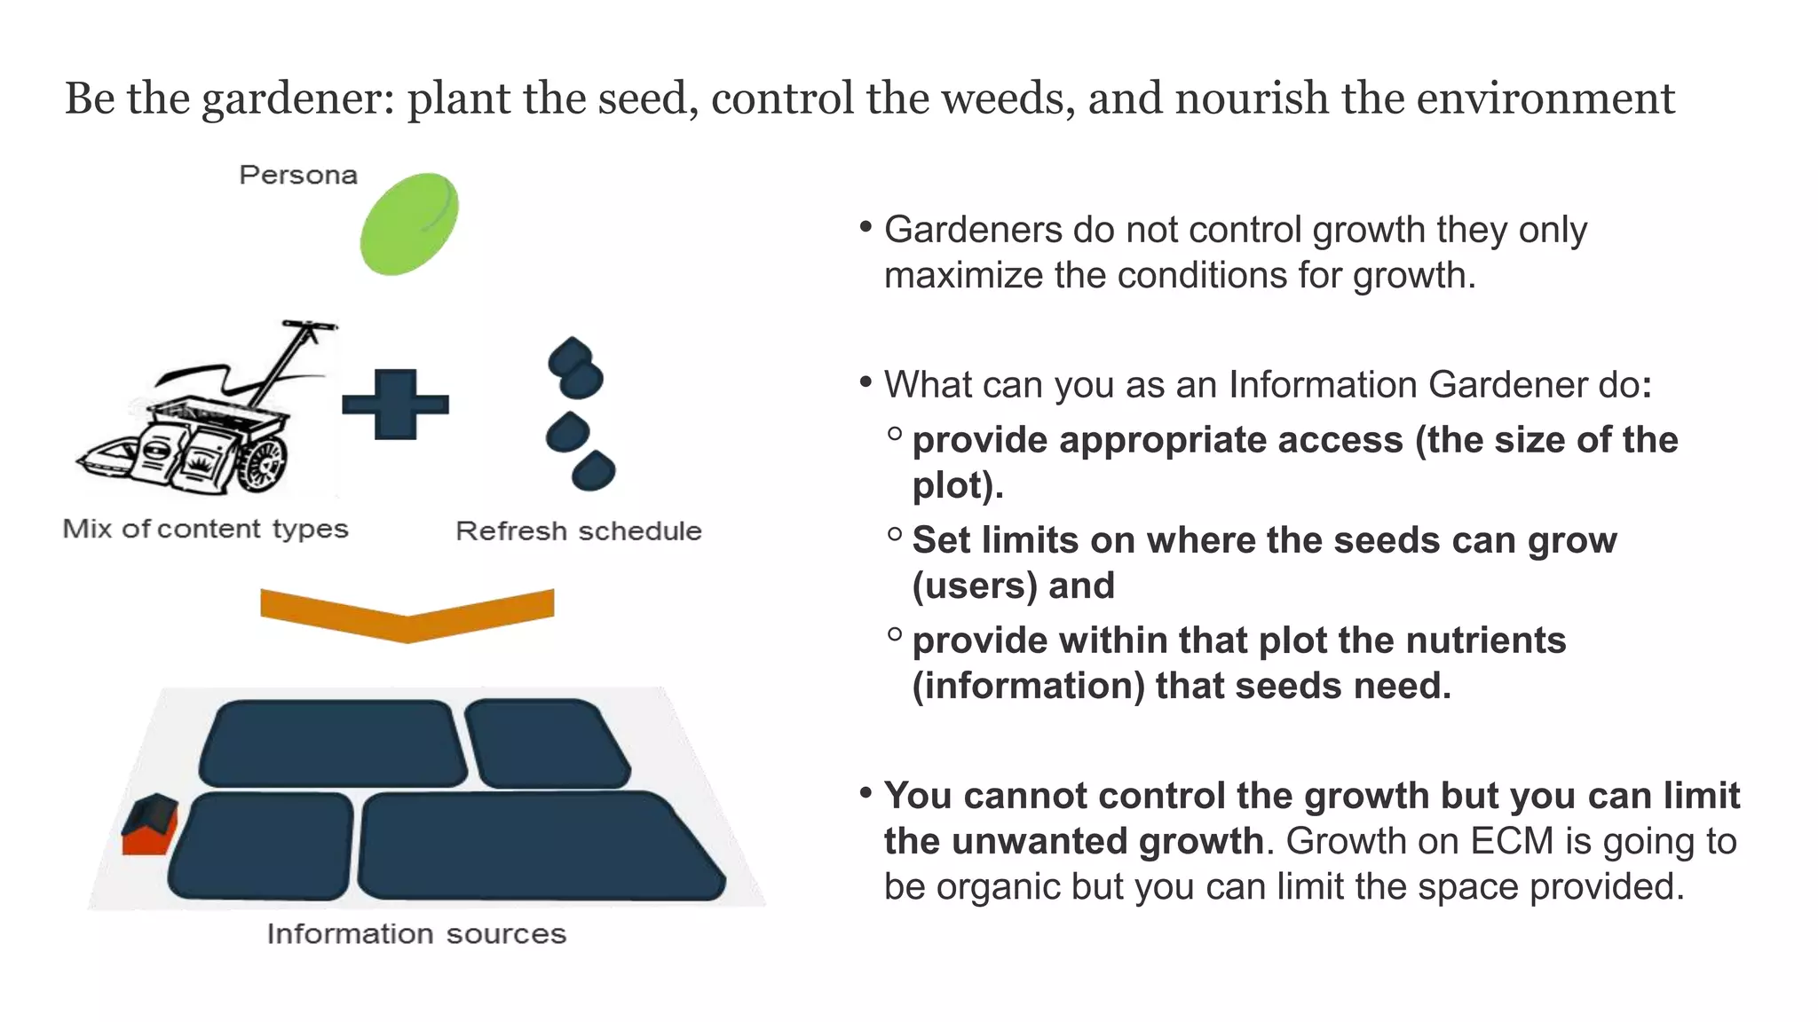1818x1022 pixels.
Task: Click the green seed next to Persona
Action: (x=409, y=224)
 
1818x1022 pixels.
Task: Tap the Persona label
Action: (x=298, y=175)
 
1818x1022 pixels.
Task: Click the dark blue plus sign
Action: (x=395, y=405)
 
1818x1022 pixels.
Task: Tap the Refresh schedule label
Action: (x=578, y=531)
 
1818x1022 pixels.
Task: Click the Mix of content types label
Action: (x=205, y=529)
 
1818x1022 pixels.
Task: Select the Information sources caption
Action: (x=415, y=933)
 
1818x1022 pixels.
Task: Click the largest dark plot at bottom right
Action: (x=540, y=847)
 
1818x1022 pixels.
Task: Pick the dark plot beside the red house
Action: (x=261, y=846)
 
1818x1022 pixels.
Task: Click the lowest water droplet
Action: (x=594, y=470)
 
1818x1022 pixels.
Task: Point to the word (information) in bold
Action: (x=1028, y=686)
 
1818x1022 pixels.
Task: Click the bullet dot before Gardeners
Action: (x=866, y=227)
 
